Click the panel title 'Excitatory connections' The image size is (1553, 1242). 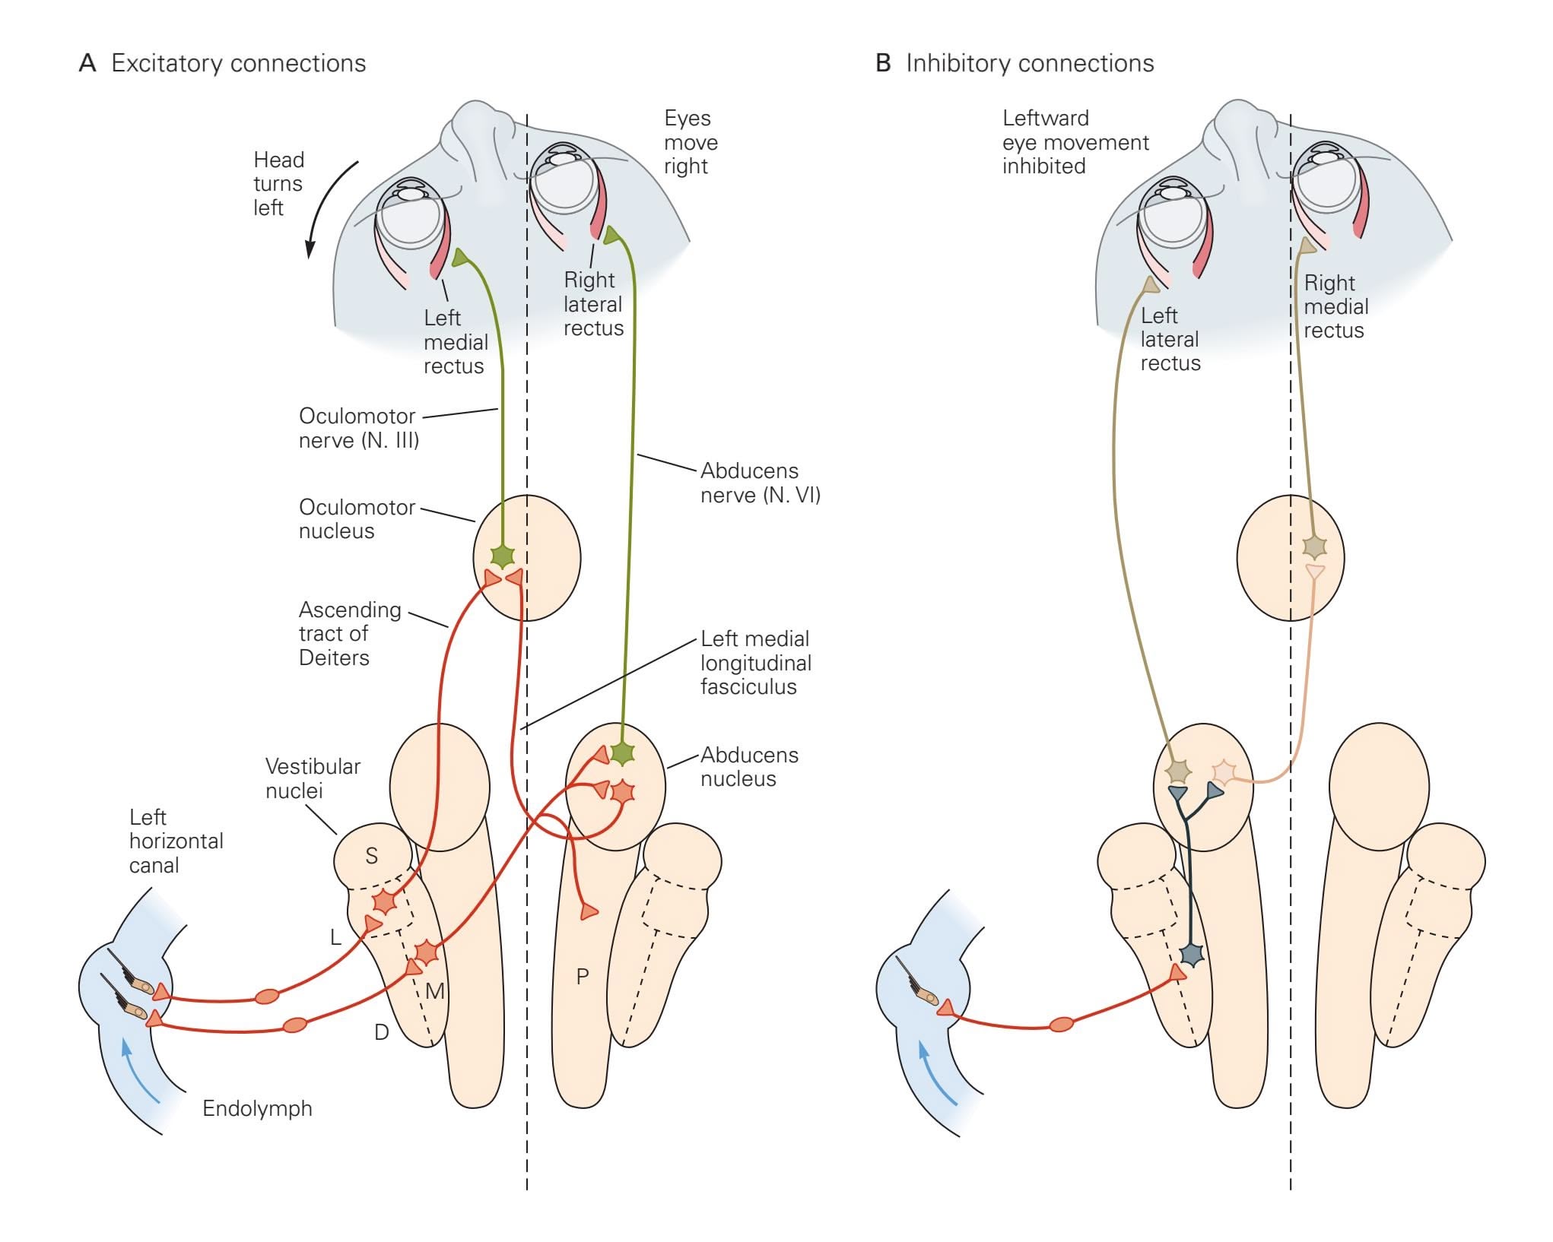[x=238, y=63]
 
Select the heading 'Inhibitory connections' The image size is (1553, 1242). [x=1030, y=63]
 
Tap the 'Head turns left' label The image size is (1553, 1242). [x=278, y=183]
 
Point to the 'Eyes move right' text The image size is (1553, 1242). [x=690, y=142]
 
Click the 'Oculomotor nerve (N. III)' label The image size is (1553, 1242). [x=358, y=428]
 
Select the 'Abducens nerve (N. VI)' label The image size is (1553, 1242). [x=760, y=483]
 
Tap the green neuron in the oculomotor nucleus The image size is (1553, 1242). [x=503, y=556]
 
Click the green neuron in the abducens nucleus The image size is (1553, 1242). [x=623, y=752]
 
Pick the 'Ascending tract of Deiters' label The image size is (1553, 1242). [x=349, y=633]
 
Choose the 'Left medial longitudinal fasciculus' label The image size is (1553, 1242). [x=755, y=663]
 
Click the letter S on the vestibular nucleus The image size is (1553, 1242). [x=371, y=856]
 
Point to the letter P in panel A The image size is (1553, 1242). [x=583, y=976]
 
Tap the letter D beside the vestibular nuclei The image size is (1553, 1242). [x=382, y=1031]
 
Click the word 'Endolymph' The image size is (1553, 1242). [x=257, y=1108]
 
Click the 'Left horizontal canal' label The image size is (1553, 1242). [x=176, y=841]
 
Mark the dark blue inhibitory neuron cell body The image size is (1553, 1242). [x=1192, y=954]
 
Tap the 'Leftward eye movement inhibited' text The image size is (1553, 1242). [x=1075, y=142]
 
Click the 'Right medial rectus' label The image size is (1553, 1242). [x=1335, y=306]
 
